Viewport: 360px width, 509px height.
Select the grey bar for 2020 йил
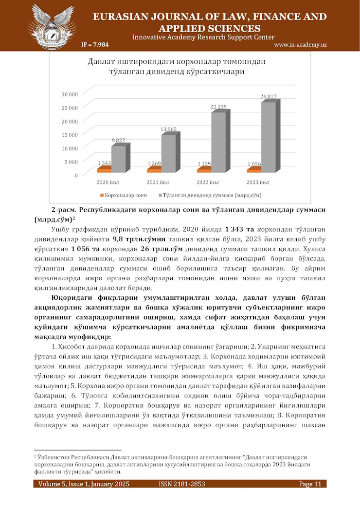point(118,159)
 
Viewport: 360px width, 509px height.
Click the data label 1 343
point(105,163)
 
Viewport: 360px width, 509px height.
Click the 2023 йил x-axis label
point(258,183)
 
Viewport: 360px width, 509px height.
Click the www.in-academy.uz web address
point(300,45)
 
